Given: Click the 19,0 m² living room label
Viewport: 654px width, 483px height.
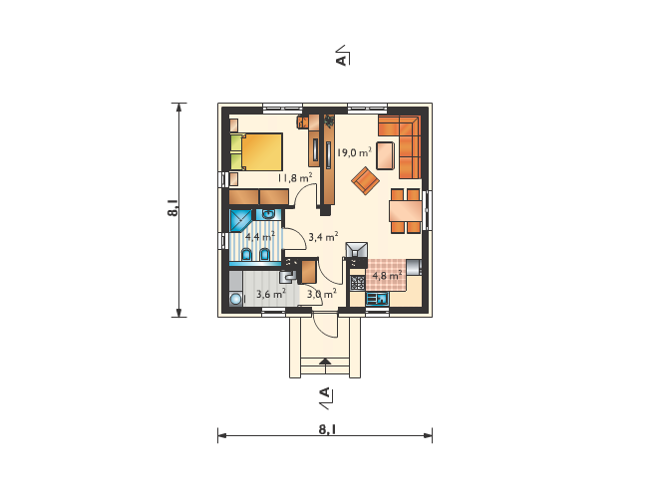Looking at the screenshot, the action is click(354, 152).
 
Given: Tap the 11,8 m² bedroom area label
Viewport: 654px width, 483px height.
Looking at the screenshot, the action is click(295, 178).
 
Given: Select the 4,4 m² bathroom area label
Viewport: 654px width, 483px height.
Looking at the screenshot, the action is click(260, 236).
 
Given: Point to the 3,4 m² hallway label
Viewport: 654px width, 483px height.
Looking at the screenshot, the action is click(323, 237).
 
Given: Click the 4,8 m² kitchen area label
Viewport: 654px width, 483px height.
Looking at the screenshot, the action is click(387, 275).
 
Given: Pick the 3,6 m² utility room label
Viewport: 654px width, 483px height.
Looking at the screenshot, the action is click(271, 294).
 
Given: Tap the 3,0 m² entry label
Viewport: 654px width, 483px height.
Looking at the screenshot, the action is click(322, 294).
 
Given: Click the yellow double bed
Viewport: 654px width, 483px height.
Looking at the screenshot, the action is click(256, 151).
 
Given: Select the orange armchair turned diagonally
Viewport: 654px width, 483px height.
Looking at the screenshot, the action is click(365, 180).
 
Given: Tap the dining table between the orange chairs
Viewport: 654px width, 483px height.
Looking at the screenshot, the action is click(406, 211).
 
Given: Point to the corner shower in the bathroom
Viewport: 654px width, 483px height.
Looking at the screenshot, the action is click(240, 220).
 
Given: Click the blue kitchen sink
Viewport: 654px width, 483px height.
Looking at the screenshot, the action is click(378, 299).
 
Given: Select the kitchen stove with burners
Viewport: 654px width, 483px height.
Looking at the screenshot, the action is click(358, 283).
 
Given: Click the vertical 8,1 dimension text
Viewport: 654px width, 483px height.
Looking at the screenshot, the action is click(172, 207).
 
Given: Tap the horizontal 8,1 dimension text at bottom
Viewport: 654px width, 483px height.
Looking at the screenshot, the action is click(327, 429).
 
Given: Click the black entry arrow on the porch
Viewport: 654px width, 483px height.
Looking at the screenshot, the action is click(325, 361).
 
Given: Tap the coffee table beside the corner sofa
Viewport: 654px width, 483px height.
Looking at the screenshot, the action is click(386, 155).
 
